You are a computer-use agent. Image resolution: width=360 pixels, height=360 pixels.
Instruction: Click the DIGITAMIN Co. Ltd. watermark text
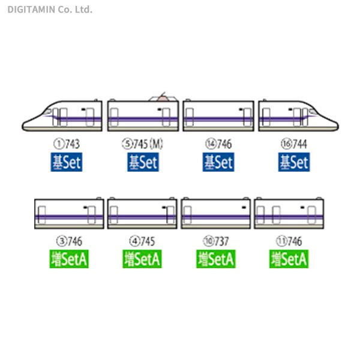(x=50, y=9)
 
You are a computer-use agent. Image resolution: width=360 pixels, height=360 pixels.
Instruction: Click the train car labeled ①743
(x=63, y=116)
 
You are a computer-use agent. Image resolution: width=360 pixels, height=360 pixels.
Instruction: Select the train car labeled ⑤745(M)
(x=143, y=115)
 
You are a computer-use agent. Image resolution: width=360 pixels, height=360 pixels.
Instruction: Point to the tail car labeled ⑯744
(x=297, y=116)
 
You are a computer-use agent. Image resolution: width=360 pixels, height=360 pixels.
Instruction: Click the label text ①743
(x=67, y=144)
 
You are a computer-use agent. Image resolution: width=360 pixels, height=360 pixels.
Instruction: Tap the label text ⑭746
(x=218, y=144)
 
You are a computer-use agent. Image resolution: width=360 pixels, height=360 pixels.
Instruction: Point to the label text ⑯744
(x=293, y=144)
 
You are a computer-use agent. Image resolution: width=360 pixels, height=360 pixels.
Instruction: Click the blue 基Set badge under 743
(x=67, y=162)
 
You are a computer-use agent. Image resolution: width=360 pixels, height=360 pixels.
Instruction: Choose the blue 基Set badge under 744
(x=293, y=162)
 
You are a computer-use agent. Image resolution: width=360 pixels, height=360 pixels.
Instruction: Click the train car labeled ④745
(x=142, y=213)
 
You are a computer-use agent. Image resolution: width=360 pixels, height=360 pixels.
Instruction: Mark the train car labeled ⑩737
(x=216, y=213)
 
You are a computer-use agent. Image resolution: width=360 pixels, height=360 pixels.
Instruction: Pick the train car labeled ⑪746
(x=290, y=213)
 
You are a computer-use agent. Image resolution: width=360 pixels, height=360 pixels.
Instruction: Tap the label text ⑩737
(x=216, y=242)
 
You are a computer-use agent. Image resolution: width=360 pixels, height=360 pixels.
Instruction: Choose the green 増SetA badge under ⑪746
(x=290, y=259)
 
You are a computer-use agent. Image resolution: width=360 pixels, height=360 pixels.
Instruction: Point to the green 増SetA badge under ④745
(x=143, y=259)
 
